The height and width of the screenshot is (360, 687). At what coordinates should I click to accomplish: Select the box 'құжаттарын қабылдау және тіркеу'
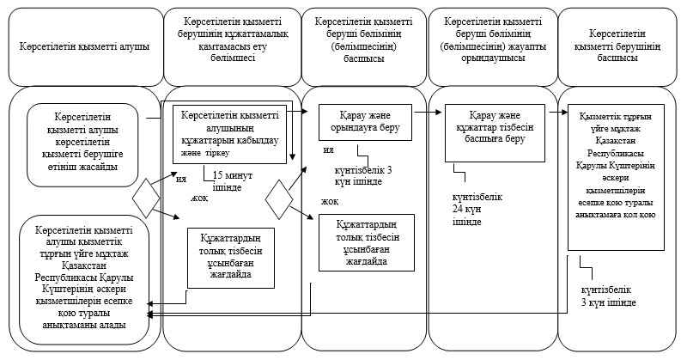[229, 135]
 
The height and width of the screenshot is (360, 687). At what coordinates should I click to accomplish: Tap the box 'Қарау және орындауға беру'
[366, 122]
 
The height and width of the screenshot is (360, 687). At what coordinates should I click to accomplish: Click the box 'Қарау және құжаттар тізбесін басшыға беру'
[495, 133]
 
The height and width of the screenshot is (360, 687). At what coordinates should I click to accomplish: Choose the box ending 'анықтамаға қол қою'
[616, 177]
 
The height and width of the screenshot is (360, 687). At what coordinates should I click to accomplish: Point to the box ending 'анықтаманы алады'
[84, 279]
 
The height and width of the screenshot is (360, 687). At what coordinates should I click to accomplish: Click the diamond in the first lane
[146, 198]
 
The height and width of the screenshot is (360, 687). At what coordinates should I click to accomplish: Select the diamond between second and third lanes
[278, 199]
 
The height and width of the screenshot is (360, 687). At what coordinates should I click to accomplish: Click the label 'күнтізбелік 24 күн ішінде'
[477, 210]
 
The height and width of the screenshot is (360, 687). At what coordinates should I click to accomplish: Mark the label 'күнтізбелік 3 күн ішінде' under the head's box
[609, 296]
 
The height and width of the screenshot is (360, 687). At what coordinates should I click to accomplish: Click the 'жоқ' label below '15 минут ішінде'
[199, 198]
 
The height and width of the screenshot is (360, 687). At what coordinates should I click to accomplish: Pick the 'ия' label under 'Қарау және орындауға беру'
[329, 149]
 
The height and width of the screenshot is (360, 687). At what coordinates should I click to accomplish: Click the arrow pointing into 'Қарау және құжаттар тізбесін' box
[428, 113]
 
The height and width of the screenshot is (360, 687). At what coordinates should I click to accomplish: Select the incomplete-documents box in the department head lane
[367, 242]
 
